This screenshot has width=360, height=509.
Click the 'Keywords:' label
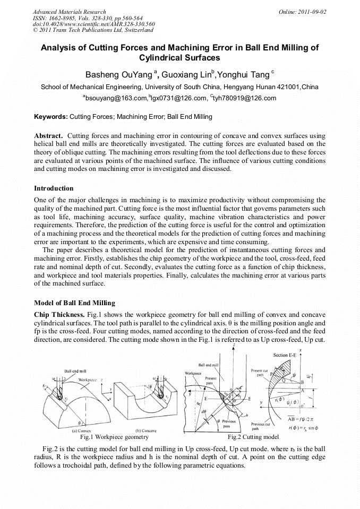(x=51, y=116)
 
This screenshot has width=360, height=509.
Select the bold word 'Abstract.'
(x=49, y=135)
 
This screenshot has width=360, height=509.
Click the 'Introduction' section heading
(x=54, y=188)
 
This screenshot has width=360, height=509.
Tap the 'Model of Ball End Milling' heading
(x=74, y=303)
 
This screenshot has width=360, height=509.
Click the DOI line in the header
(x=93, y=24)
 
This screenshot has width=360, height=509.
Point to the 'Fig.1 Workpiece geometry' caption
(x=114, y=437)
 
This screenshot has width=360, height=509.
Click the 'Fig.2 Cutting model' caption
(x=253, y=437)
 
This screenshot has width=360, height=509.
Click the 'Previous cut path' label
(x=260, y=426)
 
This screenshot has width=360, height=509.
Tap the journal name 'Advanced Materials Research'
(x=70, y=12)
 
